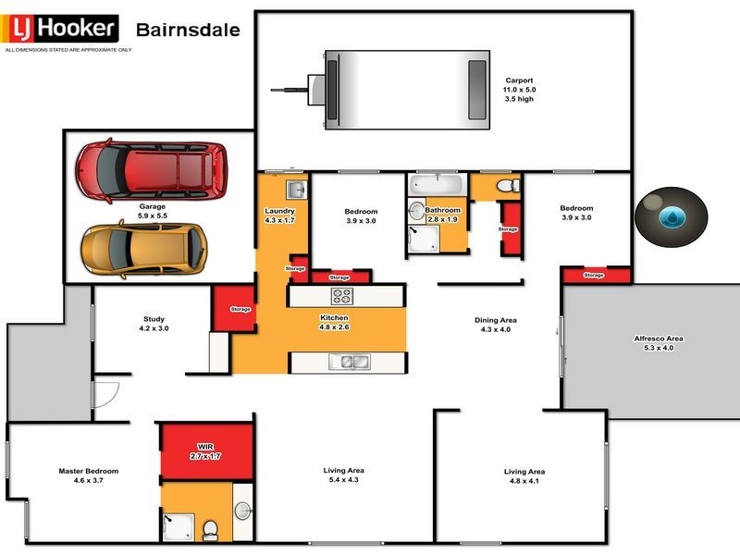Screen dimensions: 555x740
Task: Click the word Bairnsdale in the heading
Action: point(188,30)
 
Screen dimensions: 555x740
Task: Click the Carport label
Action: point(519,80)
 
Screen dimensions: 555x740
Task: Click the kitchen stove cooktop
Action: point(342,297)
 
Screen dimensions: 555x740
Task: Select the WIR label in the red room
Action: point(205,446)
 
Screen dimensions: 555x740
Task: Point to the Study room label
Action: point(154,317)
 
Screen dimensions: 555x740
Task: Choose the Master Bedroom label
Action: point(88,471)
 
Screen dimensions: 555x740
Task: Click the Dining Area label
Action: point(495,320)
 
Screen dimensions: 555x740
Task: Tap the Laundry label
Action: point(278,211)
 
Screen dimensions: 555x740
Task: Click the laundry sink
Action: point(296,191)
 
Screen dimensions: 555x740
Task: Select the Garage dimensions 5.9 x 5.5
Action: point(152,215)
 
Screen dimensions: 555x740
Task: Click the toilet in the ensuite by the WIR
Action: point(211,530)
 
